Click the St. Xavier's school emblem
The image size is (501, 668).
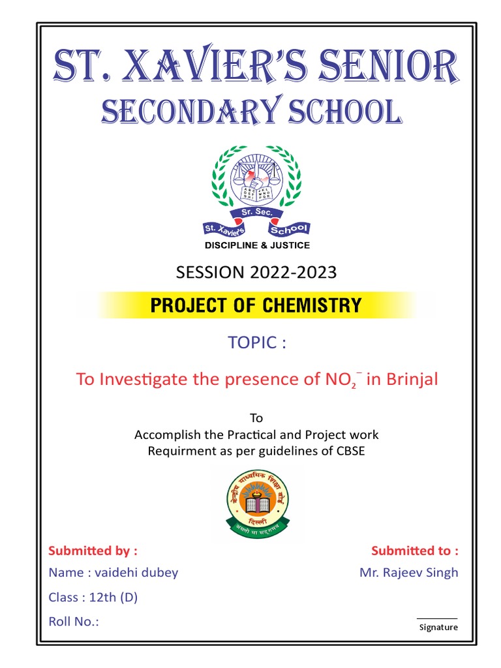(256, 192)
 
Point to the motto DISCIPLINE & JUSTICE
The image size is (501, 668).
(257, 245)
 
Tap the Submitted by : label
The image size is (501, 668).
(93, 551)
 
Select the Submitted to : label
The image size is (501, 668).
(415, 551)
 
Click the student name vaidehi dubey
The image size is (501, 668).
(136, 573)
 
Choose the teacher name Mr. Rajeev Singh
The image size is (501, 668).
(409, 573)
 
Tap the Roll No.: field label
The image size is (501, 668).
(74, 621)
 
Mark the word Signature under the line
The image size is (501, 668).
(438, 628)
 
